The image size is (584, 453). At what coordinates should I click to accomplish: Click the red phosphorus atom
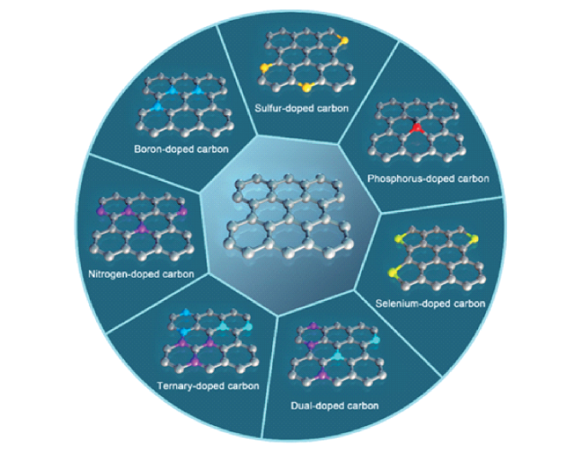coord(417,129)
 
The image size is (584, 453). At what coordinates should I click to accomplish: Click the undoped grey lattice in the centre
coord(288,216)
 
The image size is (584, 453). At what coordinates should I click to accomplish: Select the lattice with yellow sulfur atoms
coord(306,58)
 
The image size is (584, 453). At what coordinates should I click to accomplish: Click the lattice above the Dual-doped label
coord(338,353)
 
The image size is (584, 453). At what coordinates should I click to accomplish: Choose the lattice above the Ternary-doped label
coord(209,340)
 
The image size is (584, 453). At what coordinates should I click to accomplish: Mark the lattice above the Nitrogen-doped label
coord(142,226)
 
